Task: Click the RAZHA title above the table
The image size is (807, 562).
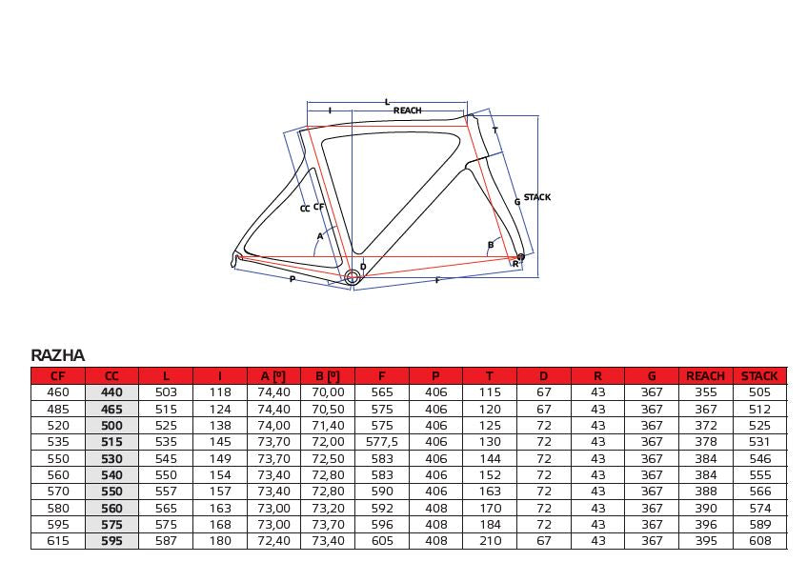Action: click(x=57, y=355)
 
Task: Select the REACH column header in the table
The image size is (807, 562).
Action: click(x=705, y=375)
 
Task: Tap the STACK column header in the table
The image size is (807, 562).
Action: click(x=759, y=375)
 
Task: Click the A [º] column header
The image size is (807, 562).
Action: click(x=273, y=375)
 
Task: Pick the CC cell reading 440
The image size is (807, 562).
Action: click(x=111, y=392)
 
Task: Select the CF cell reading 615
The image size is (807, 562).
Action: click(x=57, y=540)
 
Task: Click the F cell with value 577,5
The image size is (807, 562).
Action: click(x=382, y=442)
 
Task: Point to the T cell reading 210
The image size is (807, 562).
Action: click(x=490, y=540)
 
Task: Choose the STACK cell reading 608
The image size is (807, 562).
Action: click(x=759, y=540)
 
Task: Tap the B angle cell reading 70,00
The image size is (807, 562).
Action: click(x=328, y=392)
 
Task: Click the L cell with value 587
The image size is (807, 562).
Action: click(x=166, y=540)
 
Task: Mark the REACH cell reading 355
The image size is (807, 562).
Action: click(x=706, y=392)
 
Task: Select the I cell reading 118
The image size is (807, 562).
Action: click(x=220, y=392)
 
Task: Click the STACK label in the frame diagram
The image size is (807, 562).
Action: click(x=536, y=197)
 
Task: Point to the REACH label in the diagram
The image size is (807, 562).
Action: click(x=407, y=110)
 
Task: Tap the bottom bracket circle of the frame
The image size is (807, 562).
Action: click(x=352, y=278)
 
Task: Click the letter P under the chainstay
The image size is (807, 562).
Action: click(x=293, y=279)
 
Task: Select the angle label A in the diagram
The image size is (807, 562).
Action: click(x=319, y=236)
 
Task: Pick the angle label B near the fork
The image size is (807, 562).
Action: click(x=491, y=245)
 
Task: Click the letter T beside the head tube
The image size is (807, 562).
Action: click(x=495, y=130)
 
